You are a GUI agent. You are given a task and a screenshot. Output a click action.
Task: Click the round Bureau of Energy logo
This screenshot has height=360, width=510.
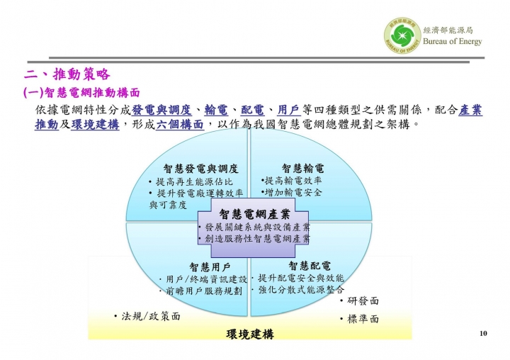click(402, 35)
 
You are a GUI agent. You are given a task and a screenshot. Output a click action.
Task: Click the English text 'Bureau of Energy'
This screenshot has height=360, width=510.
click(453, 41)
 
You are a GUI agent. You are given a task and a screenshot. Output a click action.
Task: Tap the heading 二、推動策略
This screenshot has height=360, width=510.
click(67, 74)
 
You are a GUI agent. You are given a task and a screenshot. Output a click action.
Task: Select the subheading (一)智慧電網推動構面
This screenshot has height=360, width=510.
click(81, 93)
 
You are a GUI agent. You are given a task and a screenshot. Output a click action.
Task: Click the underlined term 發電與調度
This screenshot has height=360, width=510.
click(161, 110)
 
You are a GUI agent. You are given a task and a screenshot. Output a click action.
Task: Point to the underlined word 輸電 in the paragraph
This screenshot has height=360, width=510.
click(216, 110)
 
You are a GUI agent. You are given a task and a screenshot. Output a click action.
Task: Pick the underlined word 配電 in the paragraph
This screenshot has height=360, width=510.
click(252, 110)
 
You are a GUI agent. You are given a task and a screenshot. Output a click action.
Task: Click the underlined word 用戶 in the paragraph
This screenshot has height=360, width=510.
click(289, 110)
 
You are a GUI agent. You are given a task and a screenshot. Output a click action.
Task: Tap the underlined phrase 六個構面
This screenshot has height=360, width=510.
click(180, 124)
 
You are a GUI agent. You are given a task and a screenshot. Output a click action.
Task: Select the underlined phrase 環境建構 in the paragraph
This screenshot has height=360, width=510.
click(96, 124)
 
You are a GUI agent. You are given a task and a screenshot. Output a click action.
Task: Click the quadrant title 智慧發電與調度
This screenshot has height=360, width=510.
click(201, 169)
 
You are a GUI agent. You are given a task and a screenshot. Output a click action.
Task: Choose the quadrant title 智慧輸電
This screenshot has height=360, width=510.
click(303, 168)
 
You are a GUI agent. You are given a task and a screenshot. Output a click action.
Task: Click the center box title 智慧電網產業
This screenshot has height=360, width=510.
click(255, 215)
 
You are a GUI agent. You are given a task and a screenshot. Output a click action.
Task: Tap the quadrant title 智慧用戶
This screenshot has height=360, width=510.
click(210, 267)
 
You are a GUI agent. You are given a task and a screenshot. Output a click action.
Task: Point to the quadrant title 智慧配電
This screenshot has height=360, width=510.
click(310, 266)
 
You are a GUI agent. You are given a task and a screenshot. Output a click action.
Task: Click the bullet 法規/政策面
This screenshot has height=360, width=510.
click(147, 316)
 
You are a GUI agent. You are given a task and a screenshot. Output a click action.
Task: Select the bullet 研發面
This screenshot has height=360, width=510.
click(360, 300)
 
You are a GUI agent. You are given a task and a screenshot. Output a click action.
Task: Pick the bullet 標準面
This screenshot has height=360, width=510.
click(360, 319)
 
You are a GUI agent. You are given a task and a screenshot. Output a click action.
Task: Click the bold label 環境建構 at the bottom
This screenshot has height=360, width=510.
click(250, 334)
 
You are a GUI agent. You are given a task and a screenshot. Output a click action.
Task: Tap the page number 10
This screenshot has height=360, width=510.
click(483, 333)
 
